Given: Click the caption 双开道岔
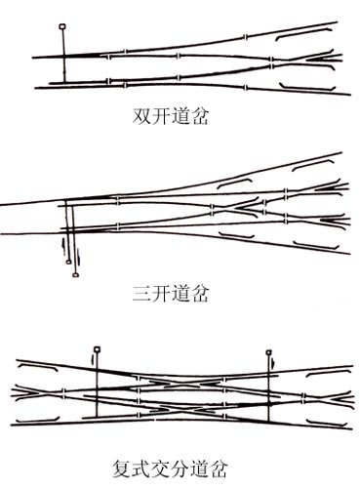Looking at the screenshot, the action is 170,116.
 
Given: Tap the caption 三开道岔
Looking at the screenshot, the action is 170,294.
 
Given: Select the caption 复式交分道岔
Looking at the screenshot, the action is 169,468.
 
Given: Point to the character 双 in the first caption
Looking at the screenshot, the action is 141,116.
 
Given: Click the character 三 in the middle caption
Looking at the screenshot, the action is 141,294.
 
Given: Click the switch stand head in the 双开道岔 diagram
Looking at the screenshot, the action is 62,26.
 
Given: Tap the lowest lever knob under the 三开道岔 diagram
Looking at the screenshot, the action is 76,275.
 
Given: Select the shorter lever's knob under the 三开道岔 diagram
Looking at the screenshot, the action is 68,262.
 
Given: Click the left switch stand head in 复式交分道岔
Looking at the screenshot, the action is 97,349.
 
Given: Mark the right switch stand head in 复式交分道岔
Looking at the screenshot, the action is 268,352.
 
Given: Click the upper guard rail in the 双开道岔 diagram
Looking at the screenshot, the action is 303,33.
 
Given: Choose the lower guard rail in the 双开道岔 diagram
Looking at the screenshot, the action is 307,87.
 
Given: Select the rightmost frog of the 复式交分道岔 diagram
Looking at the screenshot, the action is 339,398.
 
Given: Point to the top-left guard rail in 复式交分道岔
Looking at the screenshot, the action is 37,367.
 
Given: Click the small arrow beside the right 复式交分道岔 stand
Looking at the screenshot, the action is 274,362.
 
